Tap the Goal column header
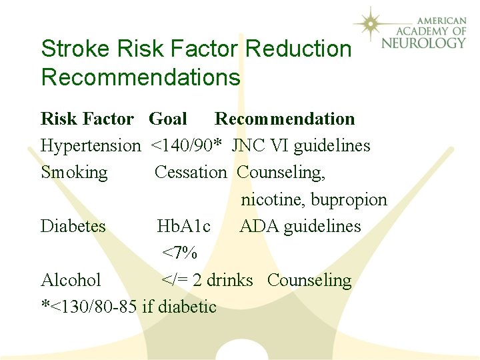tap(167, 119)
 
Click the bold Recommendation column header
tap(285, 119)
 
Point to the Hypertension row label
tap(91, 145)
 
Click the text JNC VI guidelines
tap(301, 145)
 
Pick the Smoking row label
tap(74, 172)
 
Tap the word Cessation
tap(191, 172)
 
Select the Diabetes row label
tap(73, 226)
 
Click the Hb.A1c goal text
tap(184, 226)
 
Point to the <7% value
tap(179, 253)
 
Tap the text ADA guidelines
tap(300, 226)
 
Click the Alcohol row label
tap(71, 280)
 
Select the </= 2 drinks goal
tap(207, 280)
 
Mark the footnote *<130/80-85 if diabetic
tap(129, 307)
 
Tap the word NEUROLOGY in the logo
tap(423, 43)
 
